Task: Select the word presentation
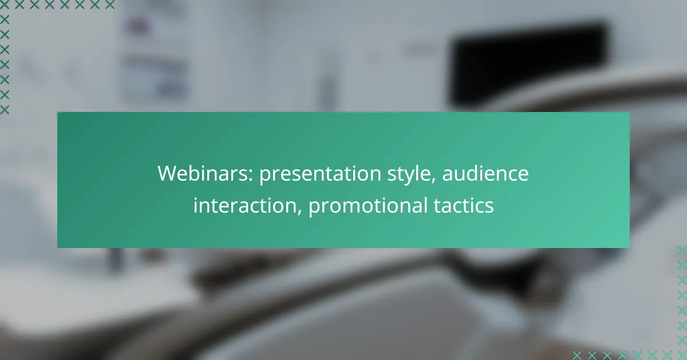coord(320,174)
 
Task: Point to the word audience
coord(485,173)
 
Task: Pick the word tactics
coord(464,205)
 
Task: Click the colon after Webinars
coord(251,176)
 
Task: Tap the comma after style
coord(434,181)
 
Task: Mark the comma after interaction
coord(300,212)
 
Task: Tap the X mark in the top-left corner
coord(5,5)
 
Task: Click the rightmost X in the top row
coord(110,5)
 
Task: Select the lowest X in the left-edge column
coord(5,110)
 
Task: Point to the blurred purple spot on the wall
coord(138,26)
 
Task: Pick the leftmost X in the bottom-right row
coord(577,355)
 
